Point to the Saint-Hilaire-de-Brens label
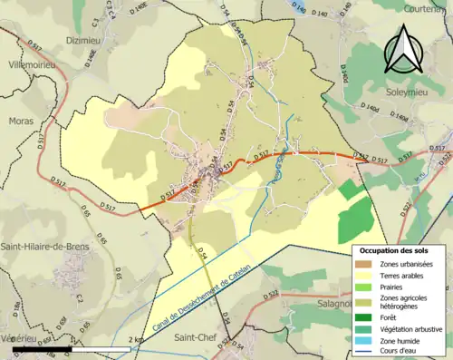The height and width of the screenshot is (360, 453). pyautogui.click(x=54, y=246)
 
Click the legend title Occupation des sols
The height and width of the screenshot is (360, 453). pyautogui.click(x=398, y=249)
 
